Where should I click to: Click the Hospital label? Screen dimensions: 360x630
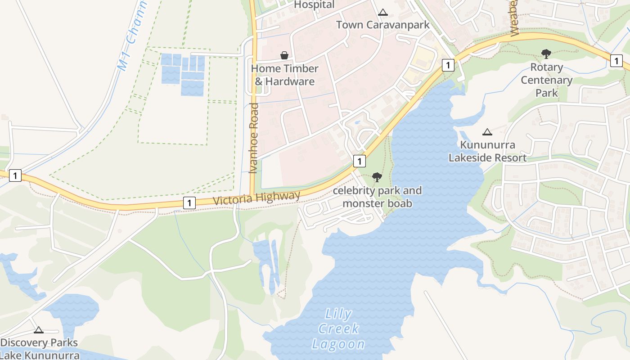[314, 5]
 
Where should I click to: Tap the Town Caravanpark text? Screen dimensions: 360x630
[383, 25]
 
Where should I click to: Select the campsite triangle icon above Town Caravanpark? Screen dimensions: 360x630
[383, 12]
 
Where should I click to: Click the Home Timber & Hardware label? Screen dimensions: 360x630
[284, 75]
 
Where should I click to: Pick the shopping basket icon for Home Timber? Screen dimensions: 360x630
[284, 55]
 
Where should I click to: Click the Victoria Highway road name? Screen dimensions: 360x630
[256, 198]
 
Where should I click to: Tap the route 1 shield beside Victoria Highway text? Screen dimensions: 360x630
[189, 203]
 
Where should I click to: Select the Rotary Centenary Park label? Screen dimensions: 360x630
[546, 80]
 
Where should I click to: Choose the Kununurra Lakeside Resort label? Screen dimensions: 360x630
[487, 152]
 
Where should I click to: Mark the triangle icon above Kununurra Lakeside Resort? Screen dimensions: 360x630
[487, 132]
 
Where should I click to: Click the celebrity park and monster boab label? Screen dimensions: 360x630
[377, 197]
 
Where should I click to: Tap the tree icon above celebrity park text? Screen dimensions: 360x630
[377, 177]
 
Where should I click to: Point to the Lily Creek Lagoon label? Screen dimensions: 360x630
[338, 329]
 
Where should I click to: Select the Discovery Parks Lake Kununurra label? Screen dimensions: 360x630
[39, 349]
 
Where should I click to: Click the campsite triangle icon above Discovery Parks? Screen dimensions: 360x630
[39, 330]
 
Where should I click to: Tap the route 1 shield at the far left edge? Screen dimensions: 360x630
[15, 175]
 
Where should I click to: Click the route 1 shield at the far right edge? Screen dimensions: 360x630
[616, 60]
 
